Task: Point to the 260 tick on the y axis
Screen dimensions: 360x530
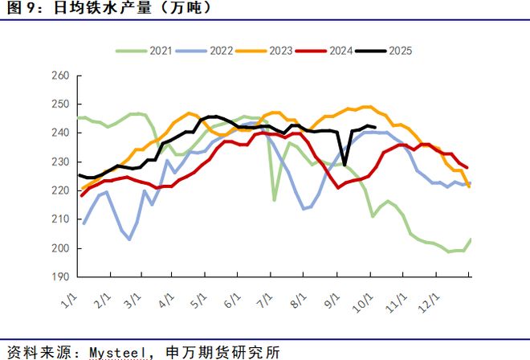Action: click(x=62, y=76)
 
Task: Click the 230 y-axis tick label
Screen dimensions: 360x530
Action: click(x=62, y=162)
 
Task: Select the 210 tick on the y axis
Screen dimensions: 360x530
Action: click(x=62, y=219)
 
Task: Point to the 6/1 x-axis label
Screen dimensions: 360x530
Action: click(x=232, y=299)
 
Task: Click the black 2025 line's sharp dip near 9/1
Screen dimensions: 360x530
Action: click(x=344, y=165)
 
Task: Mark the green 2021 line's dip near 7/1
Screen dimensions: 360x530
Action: click(x=274, y=199)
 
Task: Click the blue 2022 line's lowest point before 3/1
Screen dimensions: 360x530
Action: click(x=130, y=239)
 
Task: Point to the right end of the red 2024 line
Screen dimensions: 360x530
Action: click(x=467, y=168)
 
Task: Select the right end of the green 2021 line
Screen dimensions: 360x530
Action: click(x=470, y=239)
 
